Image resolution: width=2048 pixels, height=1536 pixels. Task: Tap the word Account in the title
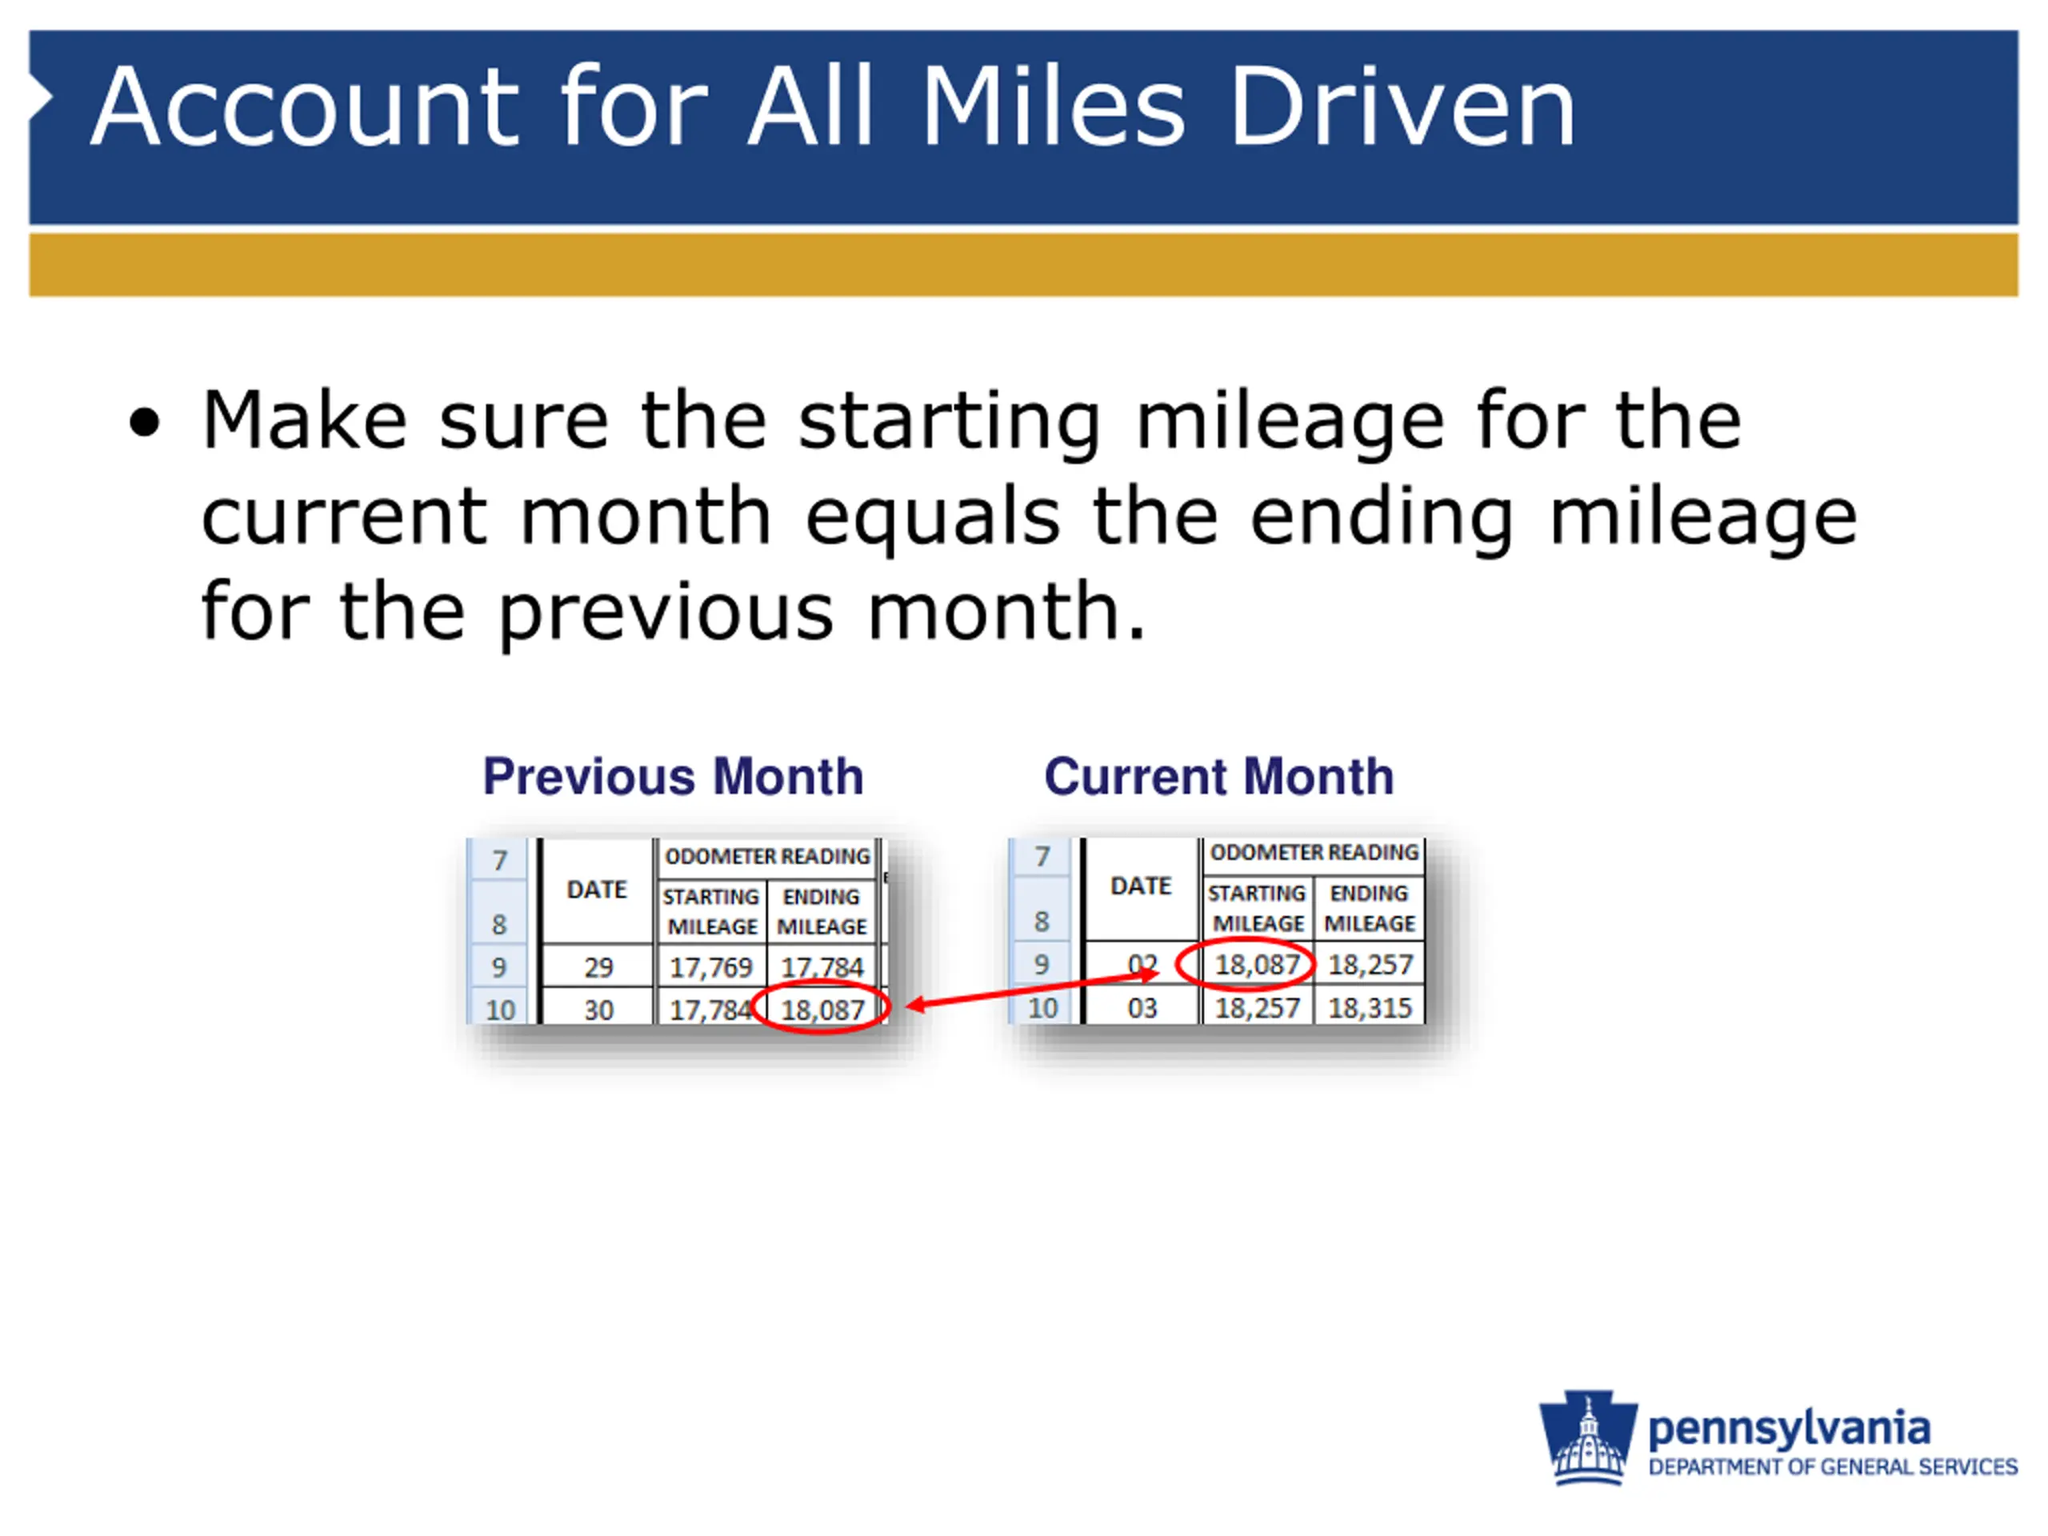coord(306,106)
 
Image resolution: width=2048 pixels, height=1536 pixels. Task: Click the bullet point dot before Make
coord(145,422)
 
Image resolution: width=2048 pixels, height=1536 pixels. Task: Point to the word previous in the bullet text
coord(666,612)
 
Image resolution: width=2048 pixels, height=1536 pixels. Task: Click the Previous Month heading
coord(673,776)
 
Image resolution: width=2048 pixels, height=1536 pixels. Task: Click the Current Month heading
coord(1218,776)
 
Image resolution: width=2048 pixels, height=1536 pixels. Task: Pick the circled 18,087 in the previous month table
coord(822,1009)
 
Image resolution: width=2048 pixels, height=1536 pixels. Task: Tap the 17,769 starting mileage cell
coord(711,967)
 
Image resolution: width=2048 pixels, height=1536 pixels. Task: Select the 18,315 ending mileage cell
coord(1370,1007)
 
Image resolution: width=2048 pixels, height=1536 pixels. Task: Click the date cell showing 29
coord(598,967)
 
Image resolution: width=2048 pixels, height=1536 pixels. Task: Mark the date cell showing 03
coord(1142,1007)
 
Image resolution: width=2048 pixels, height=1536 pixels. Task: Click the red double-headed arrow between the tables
coord(1031,990)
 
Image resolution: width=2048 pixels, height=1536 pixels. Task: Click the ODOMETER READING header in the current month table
coord(1314,852)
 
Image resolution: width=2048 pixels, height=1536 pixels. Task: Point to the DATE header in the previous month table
coord(597,890)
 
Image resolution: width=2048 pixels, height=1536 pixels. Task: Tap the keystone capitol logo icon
coord(1588,1437)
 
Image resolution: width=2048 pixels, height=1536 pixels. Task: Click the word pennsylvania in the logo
coord(1789,1430)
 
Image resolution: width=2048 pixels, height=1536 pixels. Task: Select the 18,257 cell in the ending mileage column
coord(1370,965)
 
